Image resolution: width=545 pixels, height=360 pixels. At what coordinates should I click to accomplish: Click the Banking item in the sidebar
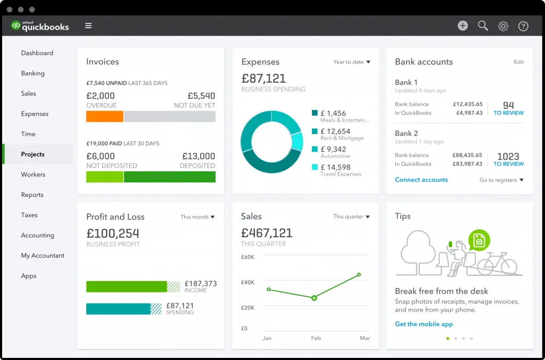32,73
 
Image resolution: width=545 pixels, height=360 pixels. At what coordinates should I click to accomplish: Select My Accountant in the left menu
43,256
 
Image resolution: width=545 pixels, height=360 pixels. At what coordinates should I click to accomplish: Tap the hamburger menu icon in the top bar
88,26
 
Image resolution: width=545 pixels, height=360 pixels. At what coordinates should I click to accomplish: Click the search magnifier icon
483,26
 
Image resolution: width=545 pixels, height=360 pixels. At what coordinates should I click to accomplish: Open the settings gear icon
503,26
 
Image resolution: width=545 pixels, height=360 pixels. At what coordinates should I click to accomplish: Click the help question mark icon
523,26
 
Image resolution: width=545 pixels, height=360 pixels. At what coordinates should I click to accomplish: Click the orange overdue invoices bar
105,116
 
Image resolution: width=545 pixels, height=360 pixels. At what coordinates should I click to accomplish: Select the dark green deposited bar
169,177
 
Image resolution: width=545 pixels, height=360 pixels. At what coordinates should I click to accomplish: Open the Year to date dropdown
351,62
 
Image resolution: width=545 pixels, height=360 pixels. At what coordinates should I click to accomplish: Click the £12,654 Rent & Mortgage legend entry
341,134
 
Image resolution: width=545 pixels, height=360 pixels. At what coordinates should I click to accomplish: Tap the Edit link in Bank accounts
518,62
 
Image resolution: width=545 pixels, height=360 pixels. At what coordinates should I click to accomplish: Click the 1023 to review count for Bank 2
508,159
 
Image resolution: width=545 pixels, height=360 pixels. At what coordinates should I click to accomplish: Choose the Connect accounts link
421,180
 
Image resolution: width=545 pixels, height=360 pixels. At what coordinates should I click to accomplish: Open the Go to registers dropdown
501,180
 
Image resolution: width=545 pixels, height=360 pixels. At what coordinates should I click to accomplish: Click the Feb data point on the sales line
314,298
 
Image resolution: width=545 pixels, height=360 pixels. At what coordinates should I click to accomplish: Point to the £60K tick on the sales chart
248,257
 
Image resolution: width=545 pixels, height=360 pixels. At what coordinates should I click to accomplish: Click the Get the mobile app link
424,324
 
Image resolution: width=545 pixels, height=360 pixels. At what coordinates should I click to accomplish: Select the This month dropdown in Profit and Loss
197,217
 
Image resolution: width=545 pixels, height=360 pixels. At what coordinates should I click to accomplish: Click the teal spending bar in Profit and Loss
118,309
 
